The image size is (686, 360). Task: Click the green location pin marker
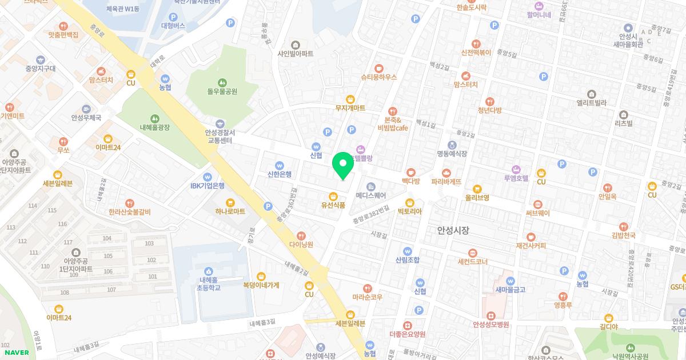tap(343, 166)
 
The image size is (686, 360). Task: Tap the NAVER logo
tap(15, 353)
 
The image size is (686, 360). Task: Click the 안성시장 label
tap(453, 230)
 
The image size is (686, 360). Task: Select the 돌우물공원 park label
tap(222, 91)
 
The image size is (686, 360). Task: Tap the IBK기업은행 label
tap(208, 186)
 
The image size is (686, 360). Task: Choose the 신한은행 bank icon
tap(279, 165)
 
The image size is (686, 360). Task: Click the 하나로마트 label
tap(230, 211)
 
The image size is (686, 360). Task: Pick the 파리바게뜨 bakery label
tap(446, 182)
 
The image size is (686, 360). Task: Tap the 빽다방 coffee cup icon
tap(410, 172)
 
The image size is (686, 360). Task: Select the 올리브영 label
tap(477, 198)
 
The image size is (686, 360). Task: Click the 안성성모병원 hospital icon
tap(490, 315)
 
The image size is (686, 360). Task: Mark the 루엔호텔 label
tap(516, 178)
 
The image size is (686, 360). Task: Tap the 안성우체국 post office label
tap(86, 118)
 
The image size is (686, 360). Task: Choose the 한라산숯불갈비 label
tap(130, 212)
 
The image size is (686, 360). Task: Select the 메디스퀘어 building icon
tap(370, 186)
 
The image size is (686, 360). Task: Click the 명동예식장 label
tap(452, 154)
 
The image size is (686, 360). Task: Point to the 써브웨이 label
tap(537, 213)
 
